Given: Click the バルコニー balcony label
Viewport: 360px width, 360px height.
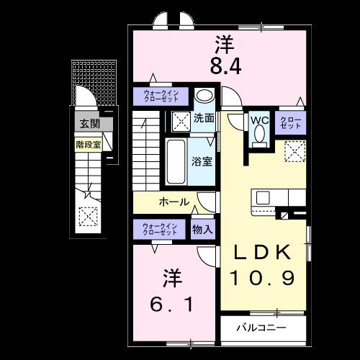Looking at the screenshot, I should click(x=262, y=328).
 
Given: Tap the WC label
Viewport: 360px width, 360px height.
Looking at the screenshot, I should click(x=259, y=121).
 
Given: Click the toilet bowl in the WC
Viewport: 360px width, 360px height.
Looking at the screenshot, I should click(x=259, y=136).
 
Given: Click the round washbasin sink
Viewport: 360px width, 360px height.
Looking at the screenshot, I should click(x=204, y=96).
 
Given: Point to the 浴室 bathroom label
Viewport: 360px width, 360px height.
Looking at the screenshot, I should click(x=202, y=161).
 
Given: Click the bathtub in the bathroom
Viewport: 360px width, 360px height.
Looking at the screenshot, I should click(x=176, y=162).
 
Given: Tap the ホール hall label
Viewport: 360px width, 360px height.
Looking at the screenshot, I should click(x=174, y=202).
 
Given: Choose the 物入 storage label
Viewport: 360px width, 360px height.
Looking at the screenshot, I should click(x=202, y=230).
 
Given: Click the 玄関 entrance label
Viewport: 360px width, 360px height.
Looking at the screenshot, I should click(x=87, y=123).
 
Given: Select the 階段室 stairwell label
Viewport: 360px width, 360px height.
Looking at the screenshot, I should click(x=89, y=144).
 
